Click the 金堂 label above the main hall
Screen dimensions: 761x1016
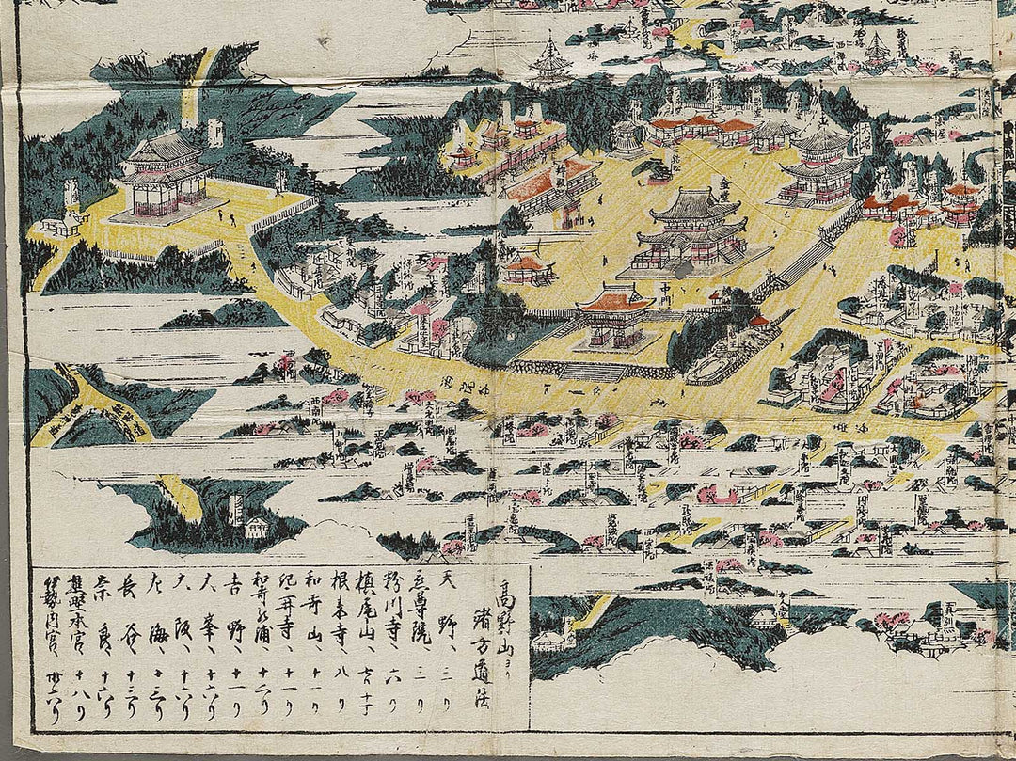coord(723,183)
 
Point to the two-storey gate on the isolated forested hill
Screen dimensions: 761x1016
coord(164,174)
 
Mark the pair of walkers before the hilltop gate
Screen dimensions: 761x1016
coord(226,215)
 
